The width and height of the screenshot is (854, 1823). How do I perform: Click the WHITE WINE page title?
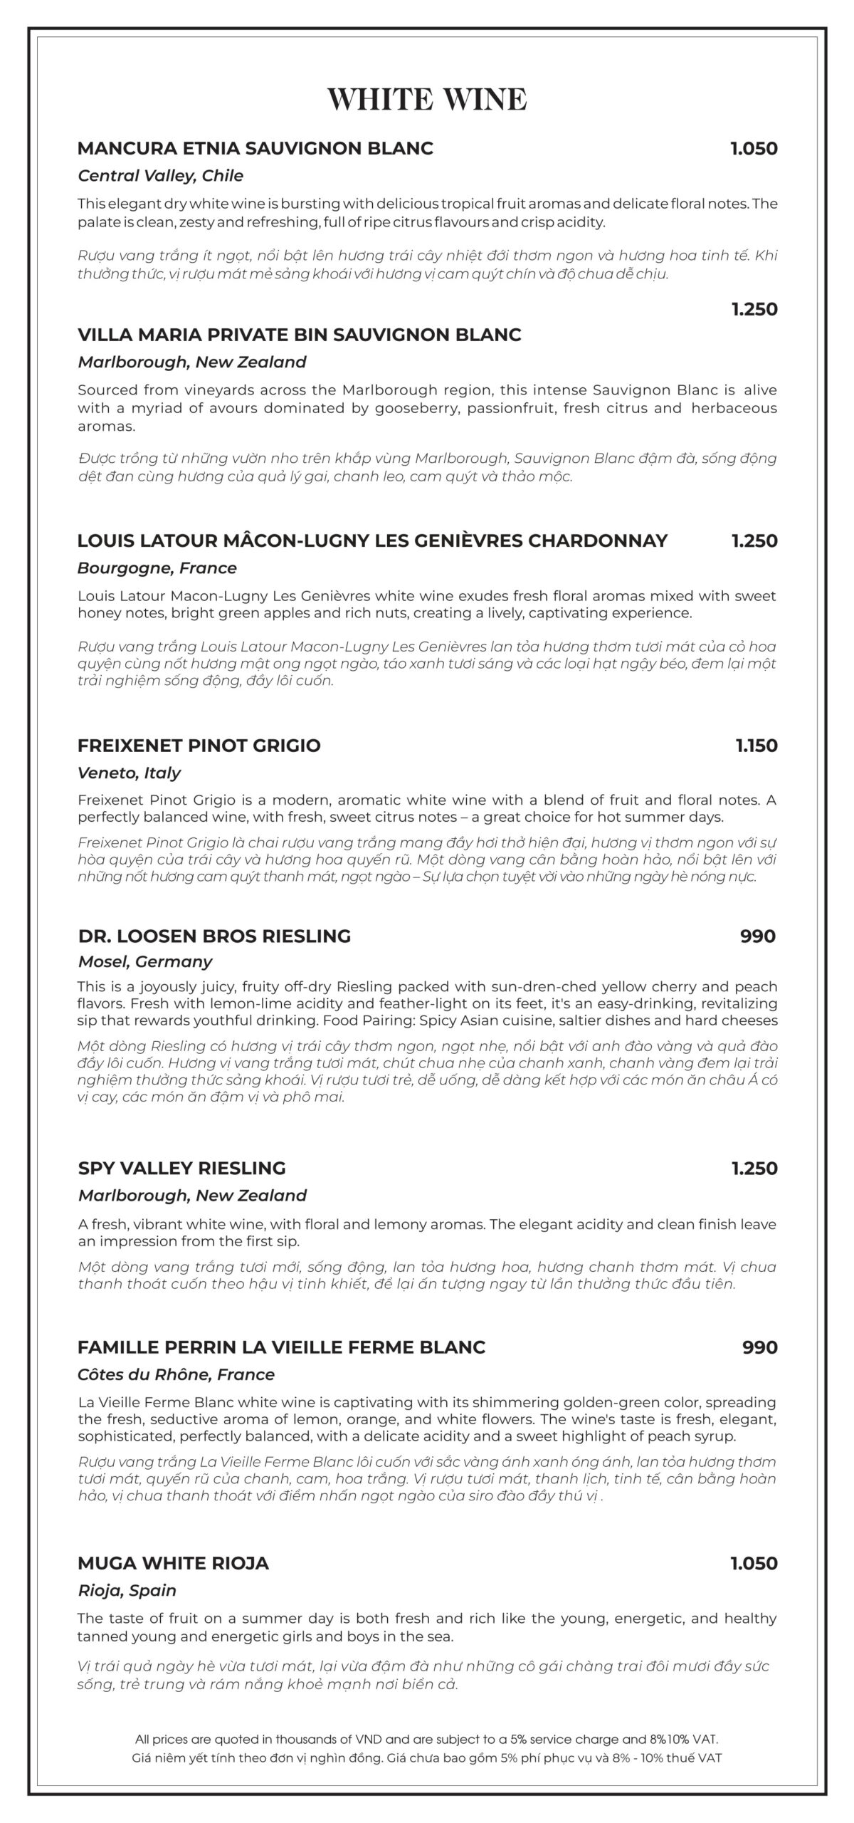(x=427, y=98)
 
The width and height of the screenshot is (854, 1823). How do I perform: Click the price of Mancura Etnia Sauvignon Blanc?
(x=754, y=149)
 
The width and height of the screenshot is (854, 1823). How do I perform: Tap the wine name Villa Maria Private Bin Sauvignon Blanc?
(x=299, y=335)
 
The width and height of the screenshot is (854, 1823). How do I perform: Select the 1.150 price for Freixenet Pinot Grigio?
(x=757, y=746)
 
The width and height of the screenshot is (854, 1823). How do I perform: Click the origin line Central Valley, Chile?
(x=160, y=176)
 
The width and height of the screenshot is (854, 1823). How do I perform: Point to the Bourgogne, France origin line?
(x=157, y=568)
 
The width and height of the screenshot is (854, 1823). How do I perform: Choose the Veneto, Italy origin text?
(x=129, y=773)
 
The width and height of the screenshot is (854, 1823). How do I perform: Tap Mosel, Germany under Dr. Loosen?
(x=145, y=961)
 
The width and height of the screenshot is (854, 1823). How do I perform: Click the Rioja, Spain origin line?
(x=127, y=1590)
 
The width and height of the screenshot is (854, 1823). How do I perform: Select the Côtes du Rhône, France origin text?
(x=176, y=1374)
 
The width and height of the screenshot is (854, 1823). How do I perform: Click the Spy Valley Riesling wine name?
(x=181, y=1168)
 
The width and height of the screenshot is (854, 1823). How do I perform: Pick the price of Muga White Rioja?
(x=754, y=1563)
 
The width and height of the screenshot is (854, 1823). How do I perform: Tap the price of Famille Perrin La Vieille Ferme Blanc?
(x=759, y=1347)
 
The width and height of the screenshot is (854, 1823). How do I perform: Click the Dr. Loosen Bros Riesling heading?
(x=214, y=936)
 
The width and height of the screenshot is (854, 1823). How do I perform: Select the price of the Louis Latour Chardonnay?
(x=754, y=540)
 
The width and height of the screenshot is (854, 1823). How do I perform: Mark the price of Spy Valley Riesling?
(x=754, y=1168)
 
